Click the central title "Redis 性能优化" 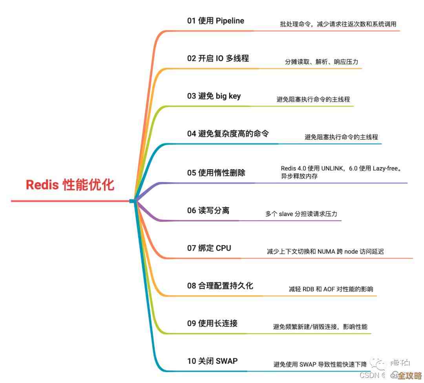point(70,185)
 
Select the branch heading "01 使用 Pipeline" point(215,21)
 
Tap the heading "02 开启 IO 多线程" point(218,58)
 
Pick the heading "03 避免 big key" point(214,96)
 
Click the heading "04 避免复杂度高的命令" point(228,133)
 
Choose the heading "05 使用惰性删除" point(216,172)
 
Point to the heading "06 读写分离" point(208,211)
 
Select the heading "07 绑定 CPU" point(209,248)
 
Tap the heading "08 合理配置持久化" point(220,286)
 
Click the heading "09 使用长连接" point(212,323)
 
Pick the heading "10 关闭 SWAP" point(212,361)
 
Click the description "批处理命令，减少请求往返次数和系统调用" point(338,24)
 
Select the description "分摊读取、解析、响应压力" point(322,62)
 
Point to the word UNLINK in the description point(332,168)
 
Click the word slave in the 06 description point(286,214)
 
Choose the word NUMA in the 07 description point(326,252)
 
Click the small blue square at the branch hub point(132,201)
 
